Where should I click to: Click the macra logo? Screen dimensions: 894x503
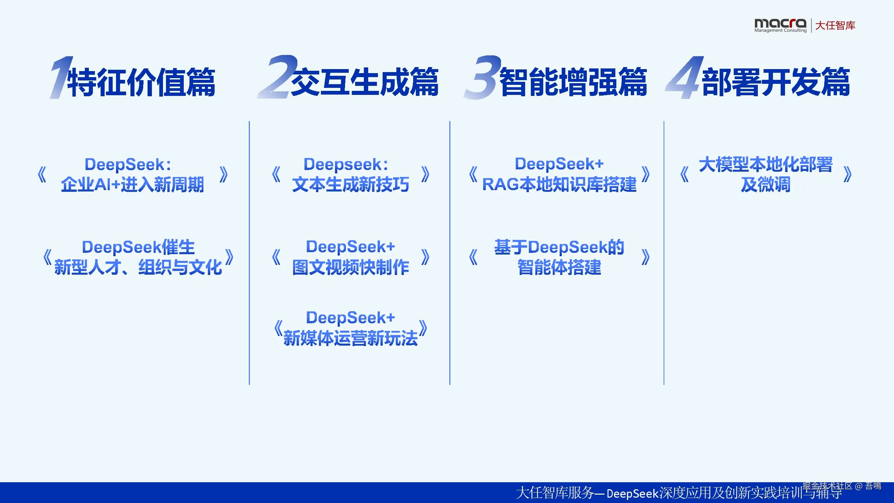(780, 25)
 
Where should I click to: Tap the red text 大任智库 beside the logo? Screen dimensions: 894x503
(835, 25)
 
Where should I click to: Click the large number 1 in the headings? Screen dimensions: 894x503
(61, 77)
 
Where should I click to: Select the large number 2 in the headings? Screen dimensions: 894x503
(277, 77)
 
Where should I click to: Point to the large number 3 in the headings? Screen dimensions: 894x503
(483, 77)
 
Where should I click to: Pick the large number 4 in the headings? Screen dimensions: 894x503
(684, 77)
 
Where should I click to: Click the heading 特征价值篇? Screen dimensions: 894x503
(141, 82)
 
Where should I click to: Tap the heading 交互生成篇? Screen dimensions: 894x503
(365, 82)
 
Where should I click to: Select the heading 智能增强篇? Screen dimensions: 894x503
(573, 82)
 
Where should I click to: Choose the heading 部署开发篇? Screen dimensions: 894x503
(776, 82)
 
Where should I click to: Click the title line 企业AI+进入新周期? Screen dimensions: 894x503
(132, 184)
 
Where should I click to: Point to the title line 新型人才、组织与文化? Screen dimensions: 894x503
(138, 267)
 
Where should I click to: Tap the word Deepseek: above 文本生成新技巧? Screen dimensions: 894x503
(346, 164)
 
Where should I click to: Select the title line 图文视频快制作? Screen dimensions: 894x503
(350, 267)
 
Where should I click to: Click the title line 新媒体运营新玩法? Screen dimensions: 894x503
(350, 338)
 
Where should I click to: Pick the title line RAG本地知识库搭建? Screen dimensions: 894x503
(559, 184)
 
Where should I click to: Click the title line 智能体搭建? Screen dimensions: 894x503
(559, 267)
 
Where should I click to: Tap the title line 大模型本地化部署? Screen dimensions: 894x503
(766, 164)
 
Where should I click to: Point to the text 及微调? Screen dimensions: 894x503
(766, 184)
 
